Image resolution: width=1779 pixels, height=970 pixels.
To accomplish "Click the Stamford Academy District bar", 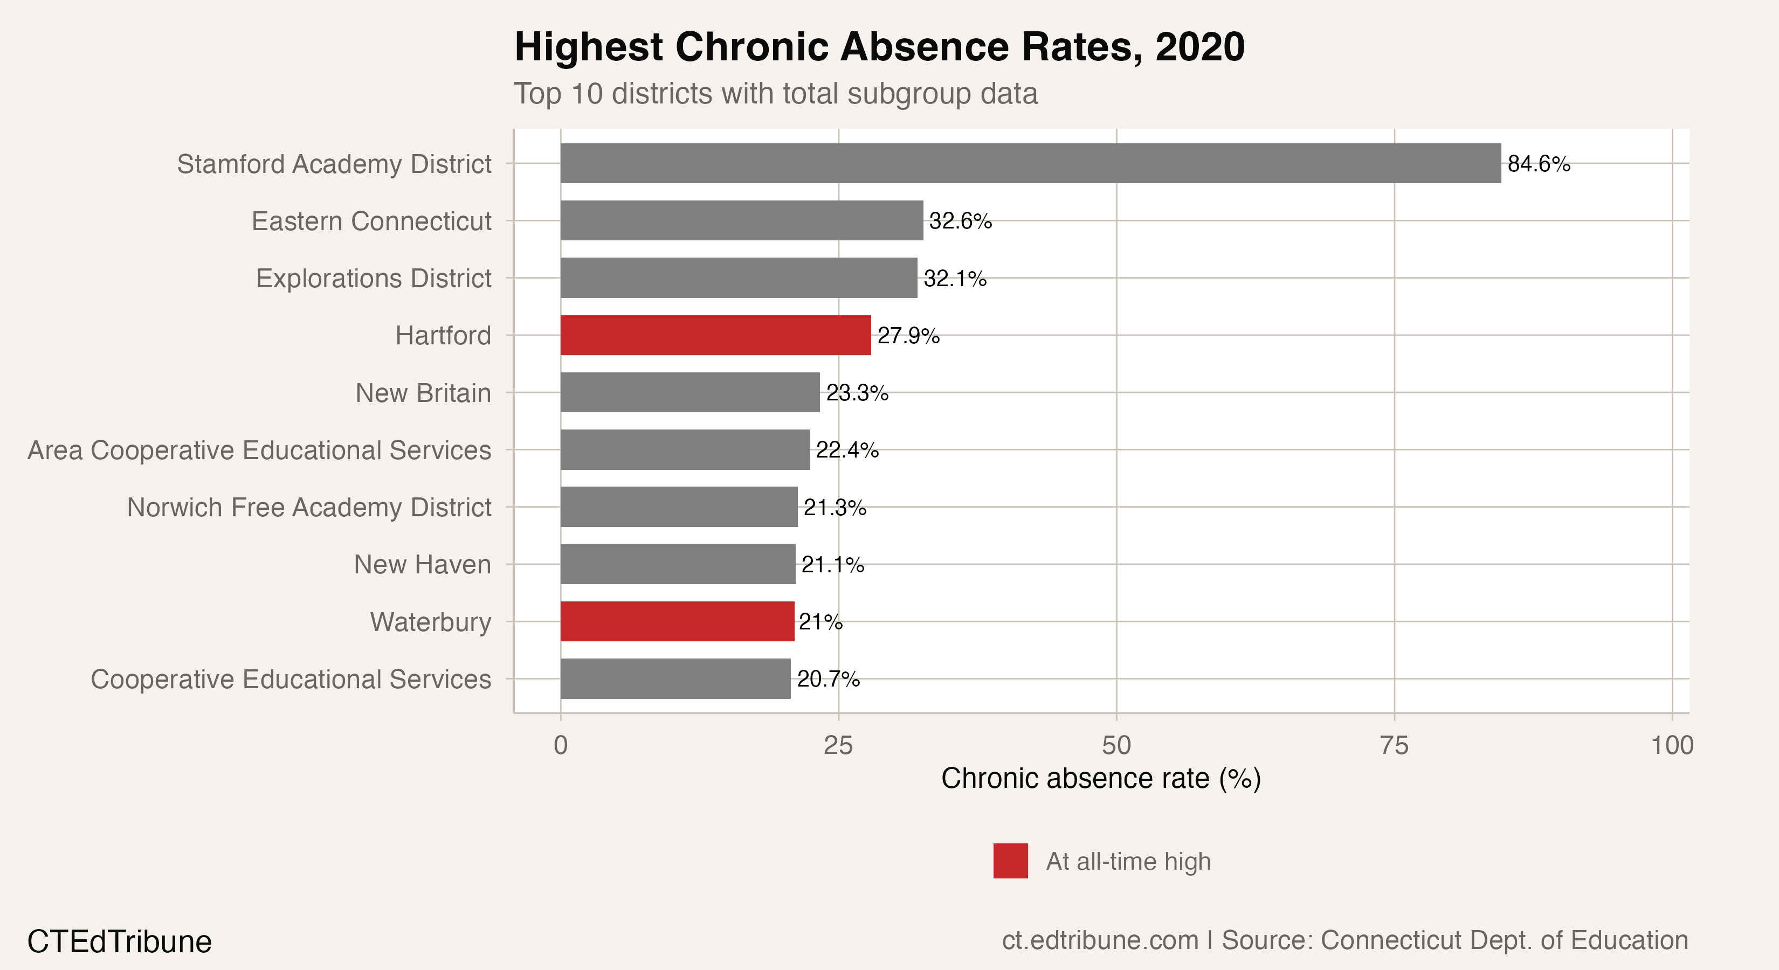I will [1030, 164].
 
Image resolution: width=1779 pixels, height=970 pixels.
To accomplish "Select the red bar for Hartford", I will [715, 336].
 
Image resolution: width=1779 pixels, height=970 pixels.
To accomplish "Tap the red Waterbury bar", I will [677, 621].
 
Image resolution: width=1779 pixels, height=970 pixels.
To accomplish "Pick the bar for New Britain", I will [690, 393].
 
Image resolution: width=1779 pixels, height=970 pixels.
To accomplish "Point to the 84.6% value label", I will [1539, 164].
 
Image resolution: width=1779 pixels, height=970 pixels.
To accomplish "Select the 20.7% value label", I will [828, 680].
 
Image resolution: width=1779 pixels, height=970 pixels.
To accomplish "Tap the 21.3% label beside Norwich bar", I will [835, 508].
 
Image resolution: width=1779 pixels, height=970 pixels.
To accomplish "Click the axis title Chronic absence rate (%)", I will [1101, 779].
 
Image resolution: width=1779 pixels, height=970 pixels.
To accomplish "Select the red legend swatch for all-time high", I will [1010, 861].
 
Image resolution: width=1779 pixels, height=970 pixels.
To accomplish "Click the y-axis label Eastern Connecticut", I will [371, 221].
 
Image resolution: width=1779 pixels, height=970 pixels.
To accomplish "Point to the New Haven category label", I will [422, 565].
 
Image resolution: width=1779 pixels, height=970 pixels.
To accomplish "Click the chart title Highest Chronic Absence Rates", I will [879, 47].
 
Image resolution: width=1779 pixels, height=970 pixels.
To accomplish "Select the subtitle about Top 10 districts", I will [776, 94].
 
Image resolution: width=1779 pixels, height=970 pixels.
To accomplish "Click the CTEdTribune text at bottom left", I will [120, 941].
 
